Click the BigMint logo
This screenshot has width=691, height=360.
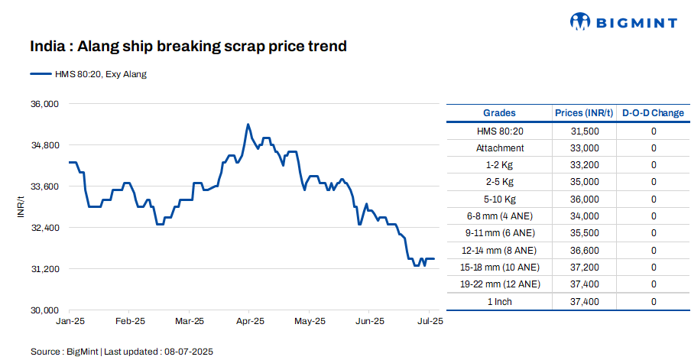pyautogui.click(x=623, y=22)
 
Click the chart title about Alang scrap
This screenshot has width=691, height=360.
pyautogui.click(x=188, y=47)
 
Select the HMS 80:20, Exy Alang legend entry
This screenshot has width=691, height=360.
pyautogui.click(x=88, y=74)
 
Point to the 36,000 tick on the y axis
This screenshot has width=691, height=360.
pyautogui.click(x=44, y=104)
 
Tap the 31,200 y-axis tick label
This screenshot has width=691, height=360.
pyautogui.click(x=44, y=269)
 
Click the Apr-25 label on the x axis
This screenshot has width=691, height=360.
pyautogui.click(x=248, y=321)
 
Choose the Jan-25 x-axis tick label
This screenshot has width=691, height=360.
pyautogui.click(x=70, y=321)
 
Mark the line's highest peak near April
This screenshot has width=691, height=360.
pyautogui.click(x=248, y=124)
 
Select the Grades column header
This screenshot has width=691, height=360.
pyautogui.click(x=499, y=113)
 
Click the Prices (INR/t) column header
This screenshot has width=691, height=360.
pyautogui.click(x=584, y=113)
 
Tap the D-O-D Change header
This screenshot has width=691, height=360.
pyautogui.click(x=653, y=113)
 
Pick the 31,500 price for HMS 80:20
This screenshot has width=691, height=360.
pyautogui.click(x=585, y=131)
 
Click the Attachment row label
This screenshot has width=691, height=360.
pyautogui.click(x=500, y=148)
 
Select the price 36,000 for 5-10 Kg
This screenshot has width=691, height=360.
pyautogui.click(x=585, y=199)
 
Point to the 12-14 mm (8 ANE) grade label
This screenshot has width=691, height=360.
pyautogui.click(x=500, y=250)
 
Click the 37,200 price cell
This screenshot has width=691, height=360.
pyautogui.click(x=585, y=268)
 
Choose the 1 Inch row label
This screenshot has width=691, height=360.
pyautogui.click(x=500, y=302)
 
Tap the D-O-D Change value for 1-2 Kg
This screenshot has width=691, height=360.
pyautogui.click(x=654, y=165)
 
